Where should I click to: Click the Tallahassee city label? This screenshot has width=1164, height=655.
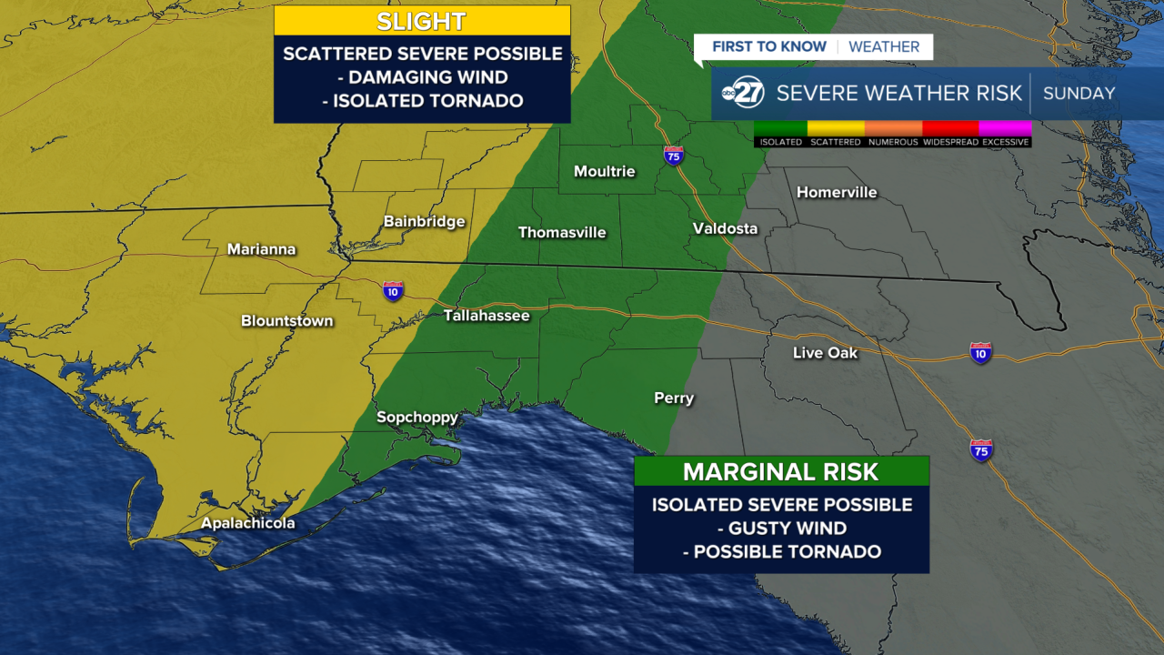click(486, 316)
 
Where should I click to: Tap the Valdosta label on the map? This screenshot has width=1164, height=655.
click(725, 228)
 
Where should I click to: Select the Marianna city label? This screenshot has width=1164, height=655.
click(261, 249)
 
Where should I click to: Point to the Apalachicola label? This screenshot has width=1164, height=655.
click(247, 523)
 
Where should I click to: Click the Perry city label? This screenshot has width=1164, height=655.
click(674, 398)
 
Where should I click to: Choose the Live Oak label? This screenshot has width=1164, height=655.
click(825, 353)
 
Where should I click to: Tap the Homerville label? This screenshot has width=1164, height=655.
click(837, 192)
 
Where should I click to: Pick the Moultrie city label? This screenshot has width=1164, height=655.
click(604, 171)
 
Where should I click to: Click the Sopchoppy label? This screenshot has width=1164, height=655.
click(417, 418)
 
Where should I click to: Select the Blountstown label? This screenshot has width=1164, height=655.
click(286, 321)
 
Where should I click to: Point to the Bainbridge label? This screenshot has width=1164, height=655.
click(424, 221)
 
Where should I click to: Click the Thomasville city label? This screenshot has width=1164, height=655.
click(561, 233)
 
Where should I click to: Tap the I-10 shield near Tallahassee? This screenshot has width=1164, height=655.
click(393, 290)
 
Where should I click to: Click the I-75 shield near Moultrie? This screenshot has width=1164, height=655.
click(673, 156)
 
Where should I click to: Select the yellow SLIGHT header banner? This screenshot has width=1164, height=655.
click(422, 21)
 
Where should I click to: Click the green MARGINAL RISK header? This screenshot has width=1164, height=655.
click(781, 471)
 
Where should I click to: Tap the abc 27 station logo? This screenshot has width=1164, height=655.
click(743, 94)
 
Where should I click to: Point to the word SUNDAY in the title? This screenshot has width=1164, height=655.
click(1079, 94)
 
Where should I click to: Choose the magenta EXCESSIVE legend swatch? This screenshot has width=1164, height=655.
click(1006, 128)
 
